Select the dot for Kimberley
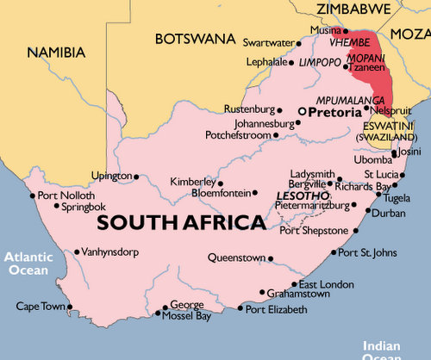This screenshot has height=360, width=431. [x=220, y=183]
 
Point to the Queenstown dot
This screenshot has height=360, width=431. [x=270, y=258]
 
